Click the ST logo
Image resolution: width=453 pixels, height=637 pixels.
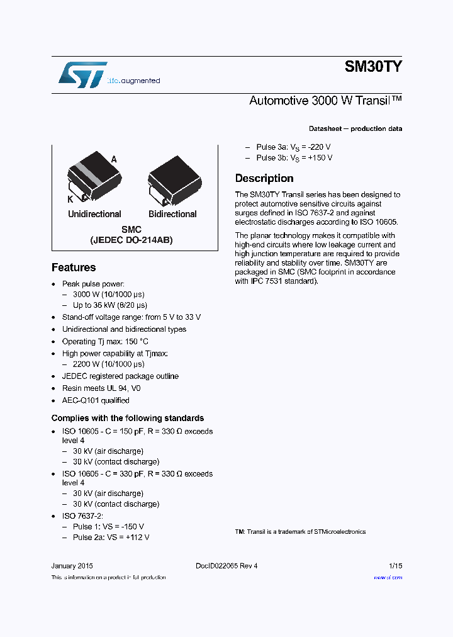[82, 75]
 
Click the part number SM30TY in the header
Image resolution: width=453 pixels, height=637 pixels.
[373, 67]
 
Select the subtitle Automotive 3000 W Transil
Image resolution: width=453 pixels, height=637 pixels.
[325, 101]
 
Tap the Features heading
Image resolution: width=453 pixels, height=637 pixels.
[74, 268]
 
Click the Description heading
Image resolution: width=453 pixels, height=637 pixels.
[264, 178]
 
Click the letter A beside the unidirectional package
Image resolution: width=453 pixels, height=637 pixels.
[114, 159]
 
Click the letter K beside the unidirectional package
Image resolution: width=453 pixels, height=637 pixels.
[70, 199]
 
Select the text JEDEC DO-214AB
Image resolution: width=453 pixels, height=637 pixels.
[131, 240]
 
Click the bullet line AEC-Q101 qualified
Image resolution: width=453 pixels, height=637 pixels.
[96, 400]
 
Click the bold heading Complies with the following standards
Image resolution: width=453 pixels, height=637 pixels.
[128, 418]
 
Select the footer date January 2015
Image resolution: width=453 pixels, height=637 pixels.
[72, 566]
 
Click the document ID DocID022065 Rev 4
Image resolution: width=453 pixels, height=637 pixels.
[226, 566]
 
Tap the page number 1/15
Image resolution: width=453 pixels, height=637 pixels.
[395, 566]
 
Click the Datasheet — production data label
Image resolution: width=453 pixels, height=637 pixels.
[355, 128]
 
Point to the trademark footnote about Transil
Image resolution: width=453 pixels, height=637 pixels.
[300, 532]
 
